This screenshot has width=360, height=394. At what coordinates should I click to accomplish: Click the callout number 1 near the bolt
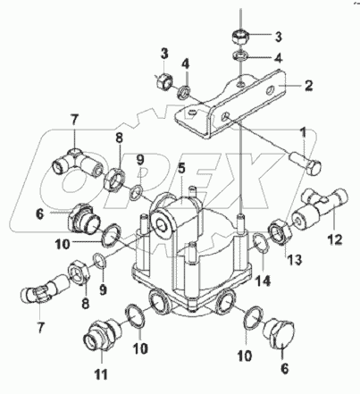coord(303,134)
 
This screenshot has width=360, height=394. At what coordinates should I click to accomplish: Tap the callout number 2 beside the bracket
coord(308,86)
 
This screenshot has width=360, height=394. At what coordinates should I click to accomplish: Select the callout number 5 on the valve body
coord(181,169)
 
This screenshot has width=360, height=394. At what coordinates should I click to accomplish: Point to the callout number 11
coord(101,374)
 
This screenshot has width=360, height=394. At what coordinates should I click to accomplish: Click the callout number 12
coord(335,239)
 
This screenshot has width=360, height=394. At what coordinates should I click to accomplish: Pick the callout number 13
coord(295,259)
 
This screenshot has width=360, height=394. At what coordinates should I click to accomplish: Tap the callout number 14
coord(264,281)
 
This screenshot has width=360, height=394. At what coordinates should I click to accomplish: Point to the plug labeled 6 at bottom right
coord(280,333)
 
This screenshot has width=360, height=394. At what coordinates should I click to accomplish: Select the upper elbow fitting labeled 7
coord(78,163)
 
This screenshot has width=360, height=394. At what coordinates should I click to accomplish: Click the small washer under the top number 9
coord(136,191)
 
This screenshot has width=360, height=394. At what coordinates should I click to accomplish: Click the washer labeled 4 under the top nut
coord(240,55)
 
